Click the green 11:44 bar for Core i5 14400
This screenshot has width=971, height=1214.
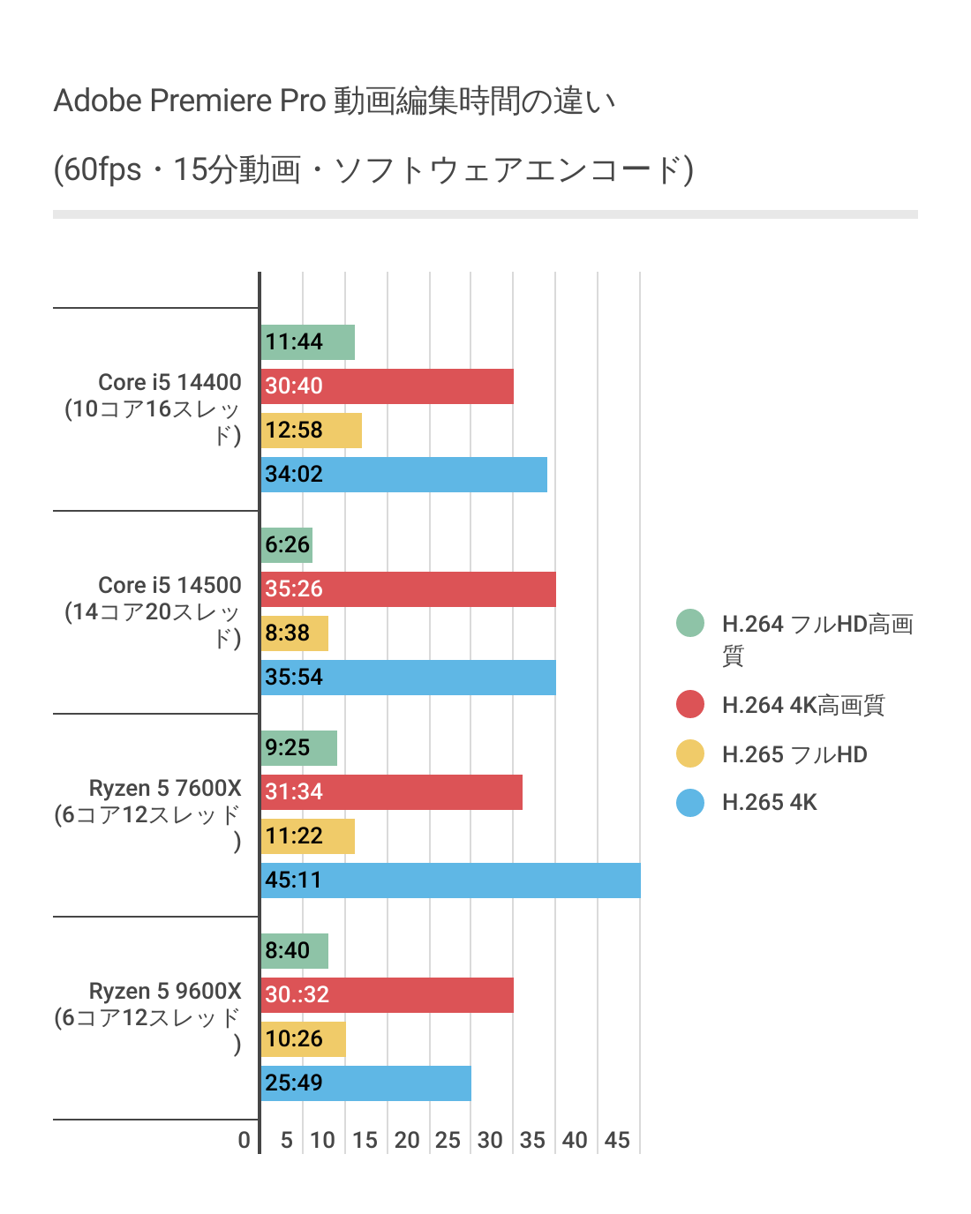pyautogui.click(x=308, y=342)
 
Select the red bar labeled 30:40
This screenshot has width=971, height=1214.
pyautogui.click(x=388, y=386)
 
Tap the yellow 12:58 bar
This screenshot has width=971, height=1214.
pyautogui.click(x=312, y=431)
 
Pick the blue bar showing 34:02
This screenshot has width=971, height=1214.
pyautogui.click(x=404, y=475)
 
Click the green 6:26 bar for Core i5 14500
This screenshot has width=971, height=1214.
pyautogui.click(x=287, y=545)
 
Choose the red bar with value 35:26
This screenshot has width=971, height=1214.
pyautogui.click(x=409, y=589)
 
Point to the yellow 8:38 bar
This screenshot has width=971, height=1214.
pyautogui.click(x=295, y=633)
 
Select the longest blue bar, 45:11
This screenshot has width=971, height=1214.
pyautogui.click(x=450, y=881)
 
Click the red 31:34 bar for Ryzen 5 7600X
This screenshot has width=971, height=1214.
pyautogui.click(x=392, y=792)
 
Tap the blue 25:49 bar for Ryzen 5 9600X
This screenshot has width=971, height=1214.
pyautogui.click(x=366, y=1083)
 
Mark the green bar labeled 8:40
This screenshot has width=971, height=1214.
pyautogui.click(x=295, y=951)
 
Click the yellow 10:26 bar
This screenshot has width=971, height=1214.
pyautogui.click(x=304, y=1039)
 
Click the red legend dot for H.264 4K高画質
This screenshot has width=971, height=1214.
pyautogui.click(x=690, y=705)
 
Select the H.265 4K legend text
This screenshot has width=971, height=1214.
pyautogui.click(x=769, y=803)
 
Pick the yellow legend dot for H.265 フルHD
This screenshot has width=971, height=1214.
pyautogui.click(x=690, y=754)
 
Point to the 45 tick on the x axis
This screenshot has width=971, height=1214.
pyautogui.click(x=617, y=1140)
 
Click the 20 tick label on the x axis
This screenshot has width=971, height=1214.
pyautogui.click(x=407, y=1140)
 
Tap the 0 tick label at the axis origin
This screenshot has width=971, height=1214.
pyautogui.click(x=245, y=1140)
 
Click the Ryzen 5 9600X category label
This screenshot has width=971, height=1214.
pyautogui.click(x=165, y=991)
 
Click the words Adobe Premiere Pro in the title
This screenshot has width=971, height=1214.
pyautogui.click(x=190, y=101)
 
